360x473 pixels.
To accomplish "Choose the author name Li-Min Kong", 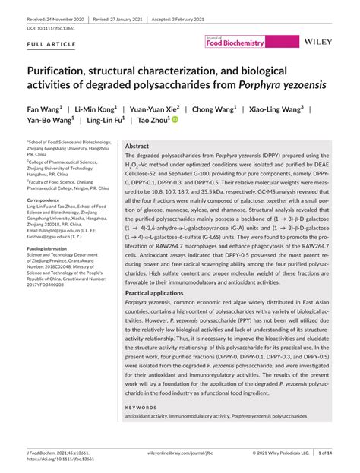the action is point(95,108).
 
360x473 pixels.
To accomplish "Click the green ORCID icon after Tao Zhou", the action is point(175,120).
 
